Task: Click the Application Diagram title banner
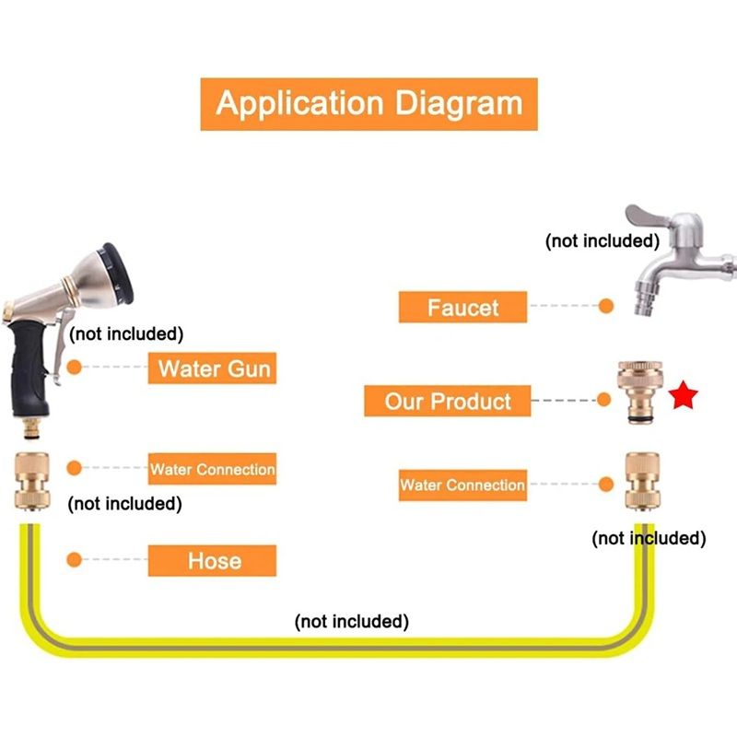[368, 102]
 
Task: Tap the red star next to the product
[684, 397]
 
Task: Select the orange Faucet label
[462, 307]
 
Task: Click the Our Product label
[448, 401]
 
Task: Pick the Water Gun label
[214, 368]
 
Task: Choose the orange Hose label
[213, 560]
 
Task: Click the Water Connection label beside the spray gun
[213, 469]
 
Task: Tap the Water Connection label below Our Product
[462, 485]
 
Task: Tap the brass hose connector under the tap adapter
[642, 480]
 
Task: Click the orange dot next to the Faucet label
[605, 307]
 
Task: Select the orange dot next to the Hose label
[76, 560]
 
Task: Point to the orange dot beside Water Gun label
[76, 367]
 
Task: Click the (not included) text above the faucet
[602, 240]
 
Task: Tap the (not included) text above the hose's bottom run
[351, 621]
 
